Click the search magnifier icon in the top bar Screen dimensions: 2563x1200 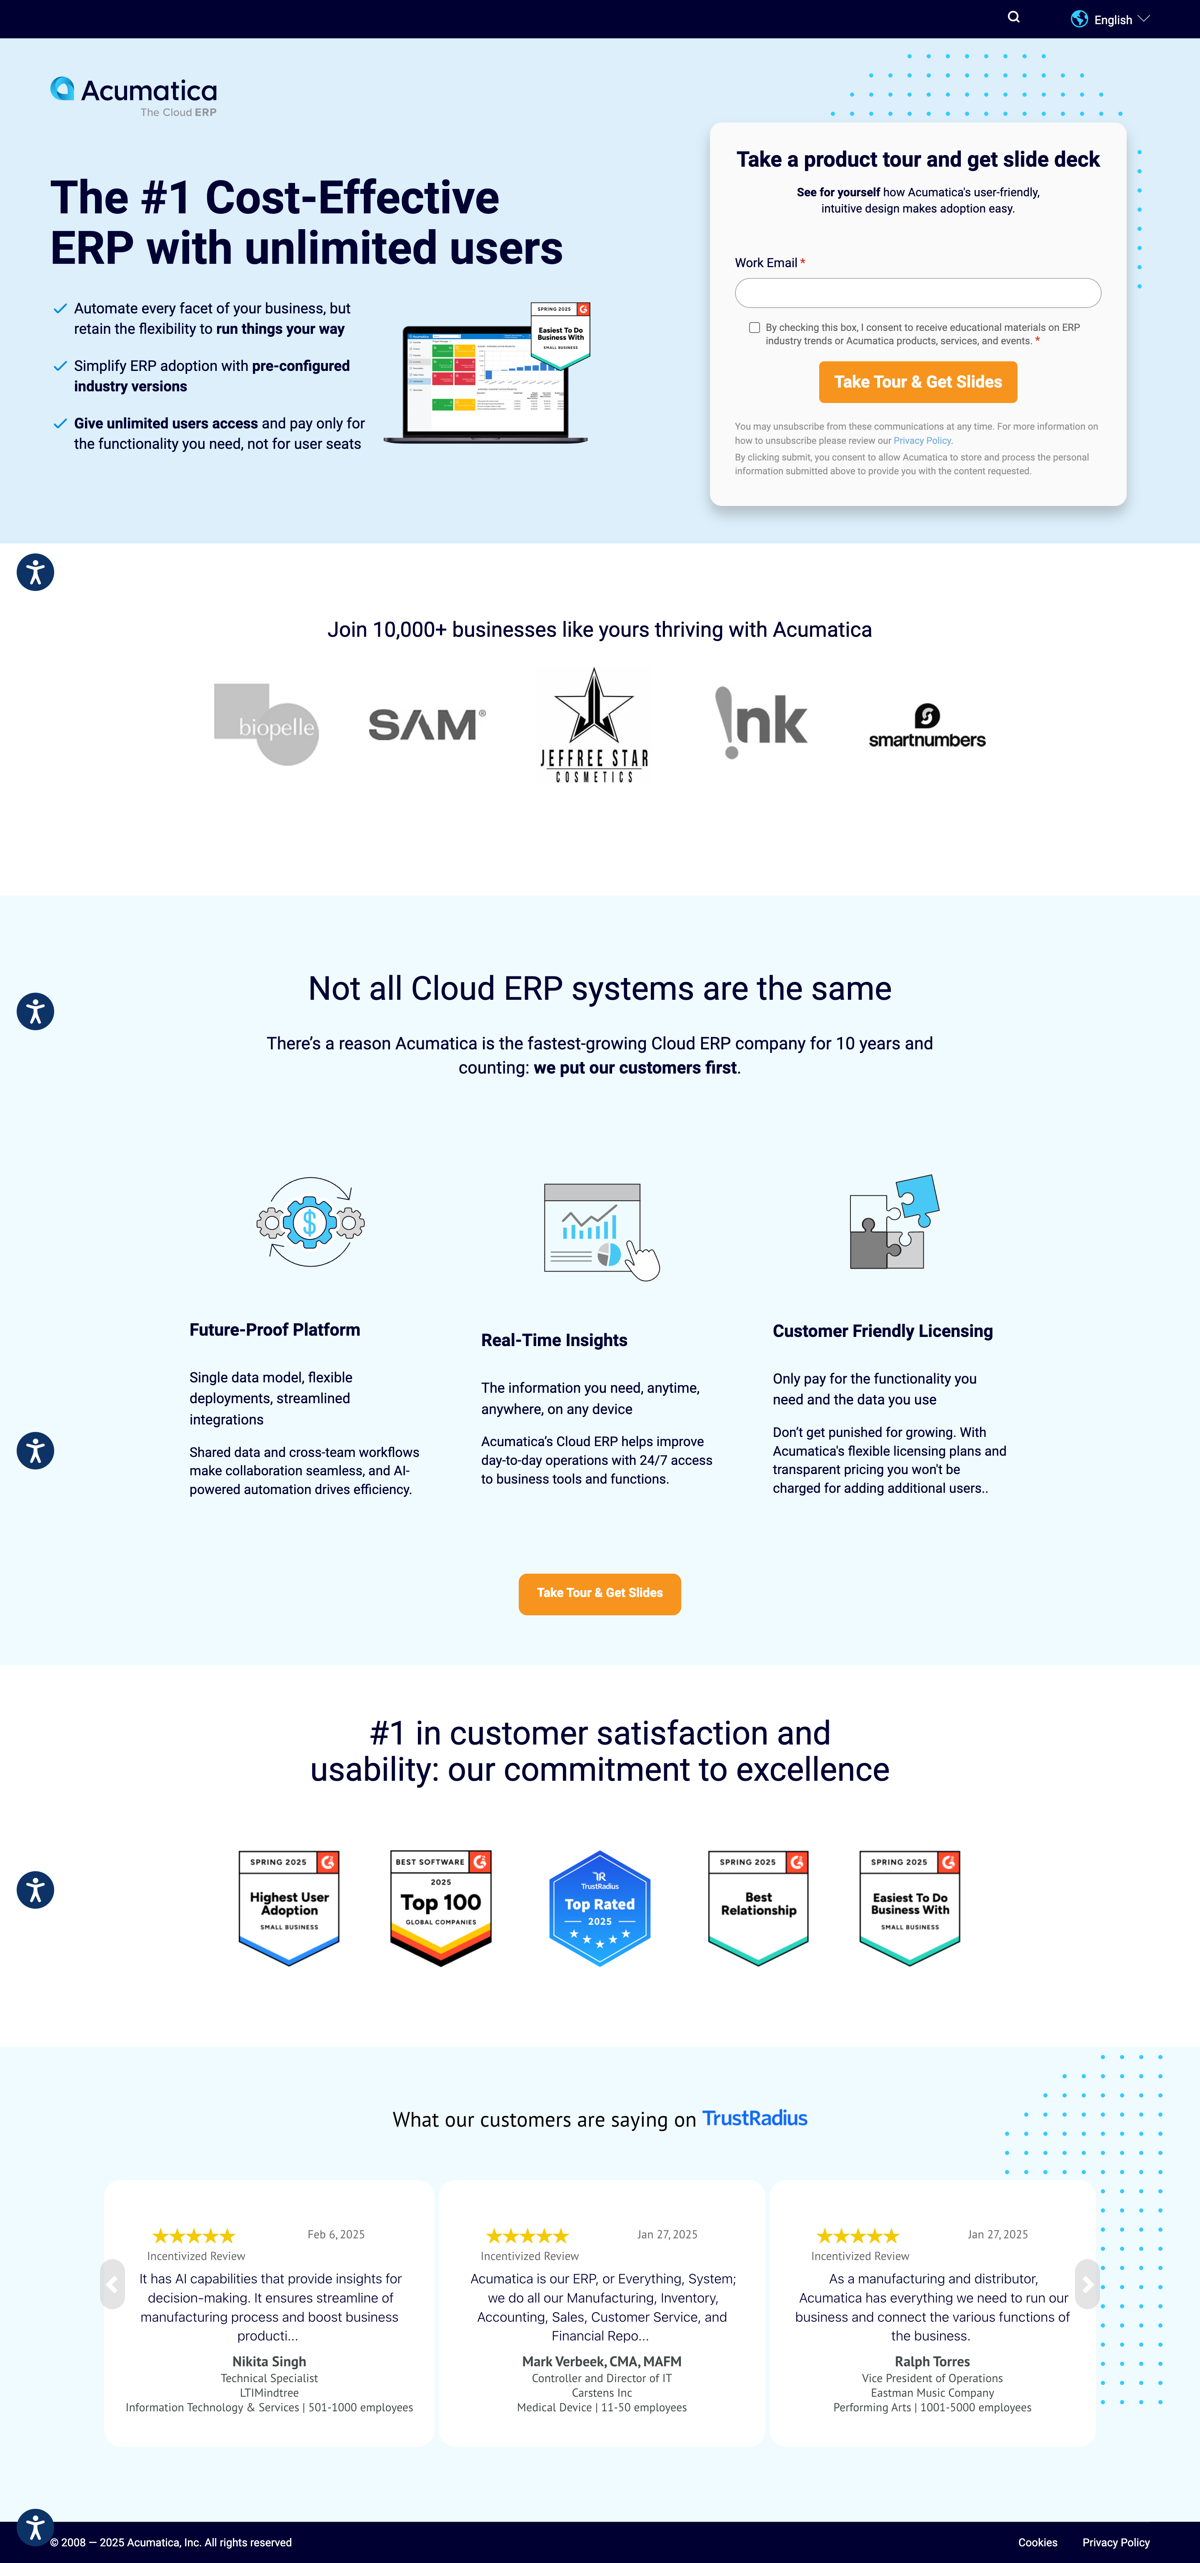pos(1013,17)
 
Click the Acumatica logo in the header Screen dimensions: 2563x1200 pos(133,95)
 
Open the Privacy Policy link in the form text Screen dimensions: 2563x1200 pos(921,441)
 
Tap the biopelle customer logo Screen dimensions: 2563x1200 pos(267,723)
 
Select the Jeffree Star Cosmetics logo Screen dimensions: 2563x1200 pos(594,724)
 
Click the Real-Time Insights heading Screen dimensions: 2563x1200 pos(554,1340)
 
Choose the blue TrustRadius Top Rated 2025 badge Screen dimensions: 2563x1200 pos(599,1907)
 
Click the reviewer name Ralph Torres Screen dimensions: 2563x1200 pos(931,2361)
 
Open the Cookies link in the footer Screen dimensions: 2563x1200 pos(1037,2542)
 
